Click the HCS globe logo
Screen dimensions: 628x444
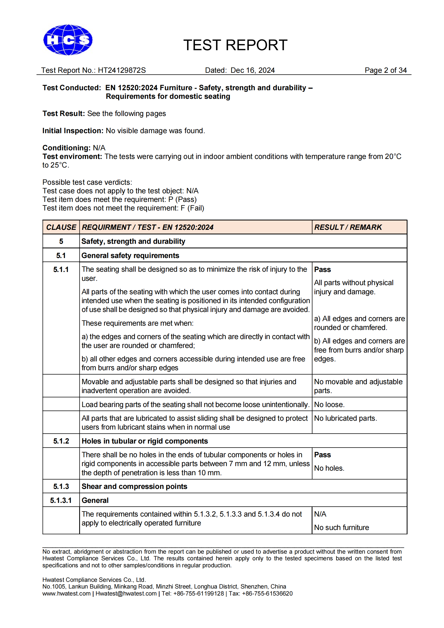(x=68, y=40)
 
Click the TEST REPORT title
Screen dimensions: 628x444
(x=235, y=45)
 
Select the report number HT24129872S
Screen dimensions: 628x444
(x=122, y=70)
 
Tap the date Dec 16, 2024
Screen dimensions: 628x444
(x=252, y=70)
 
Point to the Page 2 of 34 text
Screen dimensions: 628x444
(x=385, y=70)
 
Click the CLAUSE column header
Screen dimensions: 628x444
(x=61, y=227)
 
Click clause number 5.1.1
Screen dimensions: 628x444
(x=61, y=270)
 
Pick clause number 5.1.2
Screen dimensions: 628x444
(x=61, y=441)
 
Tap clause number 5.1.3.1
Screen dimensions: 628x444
(x=61, y=500)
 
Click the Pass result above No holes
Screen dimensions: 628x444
(x=322, y=455)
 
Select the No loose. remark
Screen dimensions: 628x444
(x=329, y=405)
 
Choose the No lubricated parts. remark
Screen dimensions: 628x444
(x=345, y=418)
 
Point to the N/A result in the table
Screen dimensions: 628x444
(x=320, y=514)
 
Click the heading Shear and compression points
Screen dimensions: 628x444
(x=134, y=487)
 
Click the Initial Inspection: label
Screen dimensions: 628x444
(x=73, y=131)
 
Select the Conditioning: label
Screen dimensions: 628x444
(x=66, y=148)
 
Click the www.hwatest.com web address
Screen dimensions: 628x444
(x=66, y=594)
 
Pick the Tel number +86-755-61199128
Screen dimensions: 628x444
(x=198, y=594)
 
